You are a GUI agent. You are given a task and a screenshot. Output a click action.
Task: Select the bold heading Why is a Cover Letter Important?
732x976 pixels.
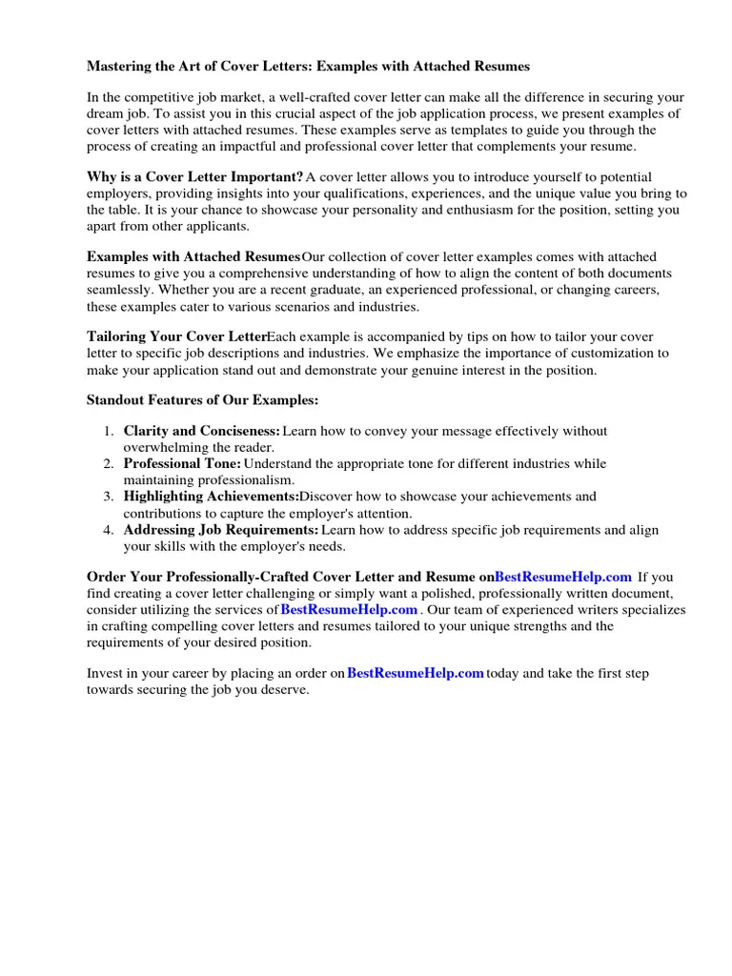click(194, 177)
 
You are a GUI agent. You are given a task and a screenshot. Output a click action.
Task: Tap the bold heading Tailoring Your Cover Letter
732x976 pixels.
click(176, 337)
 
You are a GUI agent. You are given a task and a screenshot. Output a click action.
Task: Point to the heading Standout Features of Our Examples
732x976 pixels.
click(202, 399)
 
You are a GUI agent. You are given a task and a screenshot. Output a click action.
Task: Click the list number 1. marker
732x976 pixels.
click(110, 432)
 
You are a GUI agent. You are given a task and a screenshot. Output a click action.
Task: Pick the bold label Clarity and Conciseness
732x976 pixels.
click(201, 432)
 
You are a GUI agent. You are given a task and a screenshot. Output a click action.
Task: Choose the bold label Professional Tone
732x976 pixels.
click(182, 464)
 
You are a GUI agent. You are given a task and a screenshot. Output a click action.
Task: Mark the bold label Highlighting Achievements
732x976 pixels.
click(211, 497)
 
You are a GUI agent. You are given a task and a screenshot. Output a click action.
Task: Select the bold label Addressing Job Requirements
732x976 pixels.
click(220, 530)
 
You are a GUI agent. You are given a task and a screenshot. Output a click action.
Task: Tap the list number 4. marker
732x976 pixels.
click(110, 530)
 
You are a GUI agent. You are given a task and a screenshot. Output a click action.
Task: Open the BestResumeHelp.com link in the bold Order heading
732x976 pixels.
click(563, 577)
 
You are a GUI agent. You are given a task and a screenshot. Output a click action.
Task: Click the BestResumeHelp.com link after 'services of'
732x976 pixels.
click(349, 609)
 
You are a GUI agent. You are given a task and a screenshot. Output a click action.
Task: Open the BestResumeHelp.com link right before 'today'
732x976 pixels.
click(416, 673)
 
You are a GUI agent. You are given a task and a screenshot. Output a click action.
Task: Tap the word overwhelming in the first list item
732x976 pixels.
click(165, 447)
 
